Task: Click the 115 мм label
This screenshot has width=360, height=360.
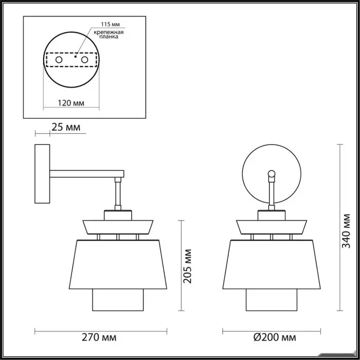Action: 110,24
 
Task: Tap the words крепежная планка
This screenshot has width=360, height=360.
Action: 109,34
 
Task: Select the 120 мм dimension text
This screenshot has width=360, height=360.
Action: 71,103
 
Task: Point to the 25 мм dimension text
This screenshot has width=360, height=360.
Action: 66,127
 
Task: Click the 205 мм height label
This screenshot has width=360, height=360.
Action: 187,266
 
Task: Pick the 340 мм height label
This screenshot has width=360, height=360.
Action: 346,231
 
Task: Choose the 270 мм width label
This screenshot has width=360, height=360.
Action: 99,337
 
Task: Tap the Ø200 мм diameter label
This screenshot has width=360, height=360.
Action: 275,337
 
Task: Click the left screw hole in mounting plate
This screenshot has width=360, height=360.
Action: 59,60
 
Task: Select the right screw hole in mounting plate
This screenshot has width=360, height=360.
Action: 84,60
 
